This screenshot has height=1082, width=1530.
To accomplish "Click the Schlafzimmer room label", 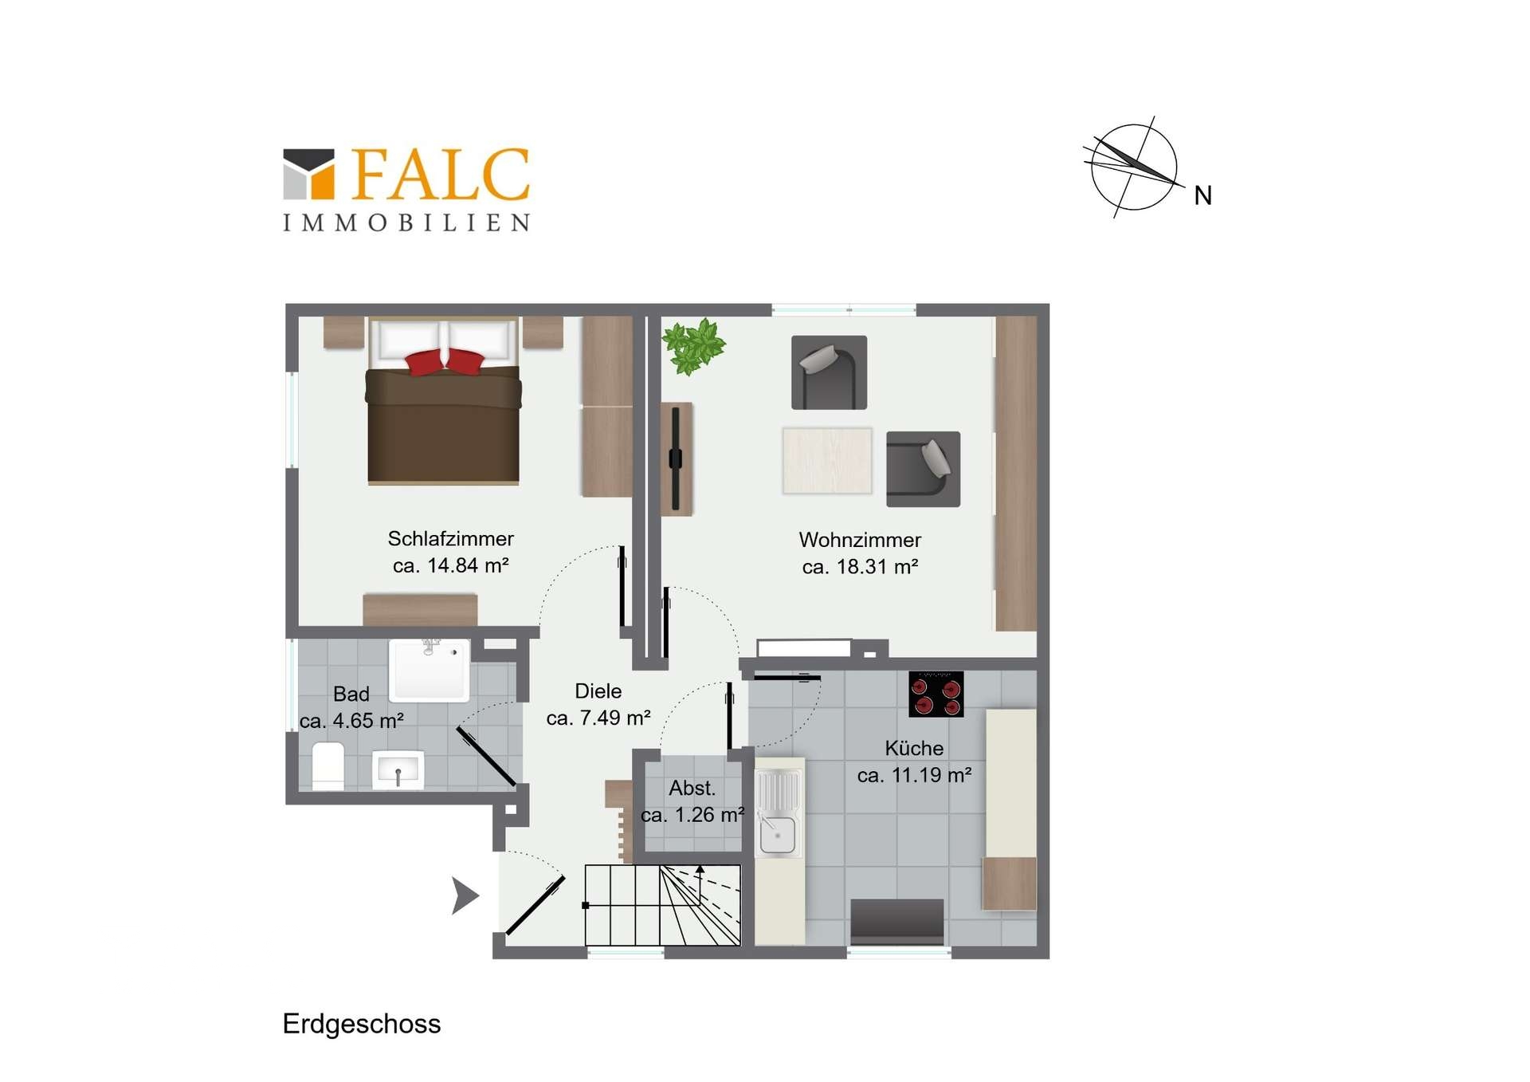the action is (x=450, y=538).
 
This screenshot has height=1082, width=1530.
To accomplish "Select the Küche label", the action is (x=914, y=748).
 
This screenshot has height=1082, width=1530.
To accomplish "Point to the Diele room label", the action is (x=598, y=691).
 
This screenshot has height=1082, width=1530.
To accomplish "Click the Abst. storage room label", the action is (x=692, y=788).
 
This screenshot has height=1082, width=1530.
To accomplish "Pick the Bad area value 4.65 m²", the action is (x=367, y=720).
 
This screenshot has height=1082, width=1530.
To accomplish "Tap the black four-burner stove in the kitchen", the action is (x=936, y=694).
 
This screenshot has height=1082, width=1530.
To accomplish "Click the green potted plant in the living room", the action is (x=693, y=346).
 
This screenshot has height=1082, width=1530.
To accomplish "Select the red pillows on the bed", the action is (x=445, y=361).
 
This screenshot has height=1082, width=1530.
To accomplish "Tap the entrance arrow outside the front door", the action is (x=465, y=895).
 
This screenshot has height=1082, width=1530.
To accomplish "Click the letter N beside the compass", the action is (x=1203, y=195).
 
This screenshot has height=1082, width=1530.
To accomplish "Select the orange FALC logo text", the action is (x=441, y=174).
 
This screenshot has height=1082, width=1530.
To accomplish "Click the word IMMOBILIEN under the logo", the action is (x=406, y=222).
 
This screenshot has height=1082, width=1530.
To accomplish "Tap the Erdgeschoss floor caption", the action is (x=361, y=1024).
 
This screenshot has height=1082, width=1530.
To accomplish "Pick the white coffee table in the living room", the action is (x=827, y=461).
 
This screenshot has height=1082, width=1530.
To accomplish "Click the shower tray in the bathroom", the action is (x=429, y=670).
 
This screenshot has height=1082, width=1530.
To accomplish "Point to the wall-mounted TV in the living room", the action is (x=676, y=458).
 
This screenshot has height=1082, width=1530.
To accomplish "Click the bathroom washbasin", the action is (x=398, y=770).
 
